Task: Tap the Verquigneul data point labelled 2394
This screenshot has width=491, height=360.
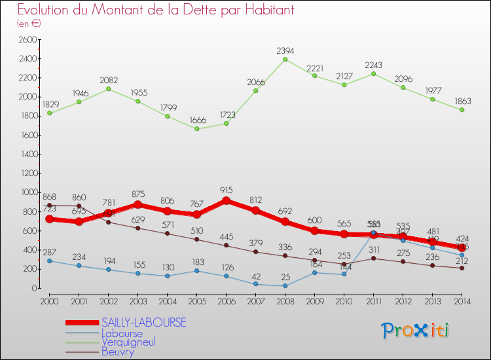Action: pos(285,60)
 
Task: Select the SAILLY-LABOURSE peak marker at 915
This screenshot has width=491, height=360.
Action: pos(226,201)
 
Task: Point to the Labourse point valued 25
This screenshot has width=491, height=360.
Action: pos(285,285)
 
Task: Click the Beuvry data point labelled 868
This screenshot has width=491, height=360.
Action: pos(49,205)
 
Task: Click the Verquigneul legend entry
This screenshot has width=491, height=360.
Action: pos(128,342)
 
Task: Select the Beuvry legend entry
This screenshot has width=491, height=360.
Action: pos(118,351)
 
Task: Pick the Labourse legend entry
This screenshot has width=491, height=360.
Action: pos(122,333)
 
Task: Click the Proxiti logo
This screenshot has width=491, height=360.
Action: pos(416,330)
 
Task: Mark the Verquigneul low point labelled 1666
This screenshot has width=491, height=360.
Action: pos(196,129)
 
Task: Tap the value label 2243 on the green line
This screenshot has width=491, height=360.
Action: pos(373,64)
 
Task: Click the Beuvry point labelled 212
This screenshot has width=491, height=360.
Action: pos(462,268)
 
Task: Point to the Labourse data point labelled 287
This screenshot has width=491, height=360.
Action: pos(49,261)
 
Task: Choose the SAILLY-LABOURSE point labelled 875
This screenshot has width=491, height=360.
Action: pos(137,204)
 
